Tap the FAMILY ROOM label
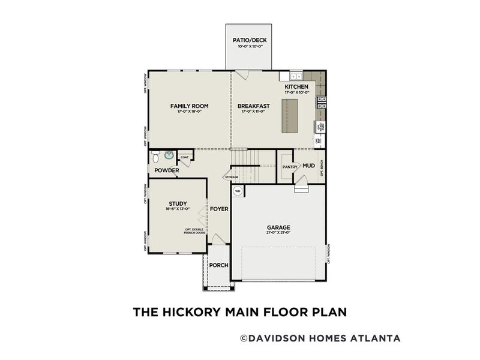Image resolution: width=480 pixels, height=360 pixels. pos(189,106)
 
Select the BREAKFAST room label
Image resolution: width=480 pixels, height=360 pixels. pos(254,106)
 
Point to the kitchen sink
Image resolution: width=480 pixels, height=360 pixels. pos(295,77)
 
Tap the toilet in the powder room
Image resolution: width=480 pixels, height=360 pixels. pos(156,158)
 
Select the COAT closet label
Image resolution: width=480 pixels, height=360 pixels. pos(185,157)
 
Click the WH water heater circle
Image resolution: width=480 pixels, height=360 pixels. pos(238,191)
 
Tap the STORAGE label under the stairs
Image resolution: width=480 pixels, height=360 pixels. pos(232,178)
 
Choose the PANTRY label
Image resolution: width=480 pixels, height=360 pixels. pos(290,167)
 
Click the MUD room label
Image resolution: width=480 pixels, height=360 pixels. pos(308,166)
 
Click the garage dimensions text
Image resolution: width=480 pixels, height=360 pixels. pos(279,234)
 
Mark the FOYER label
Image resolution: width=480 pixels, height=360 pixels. pos(218,209)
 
